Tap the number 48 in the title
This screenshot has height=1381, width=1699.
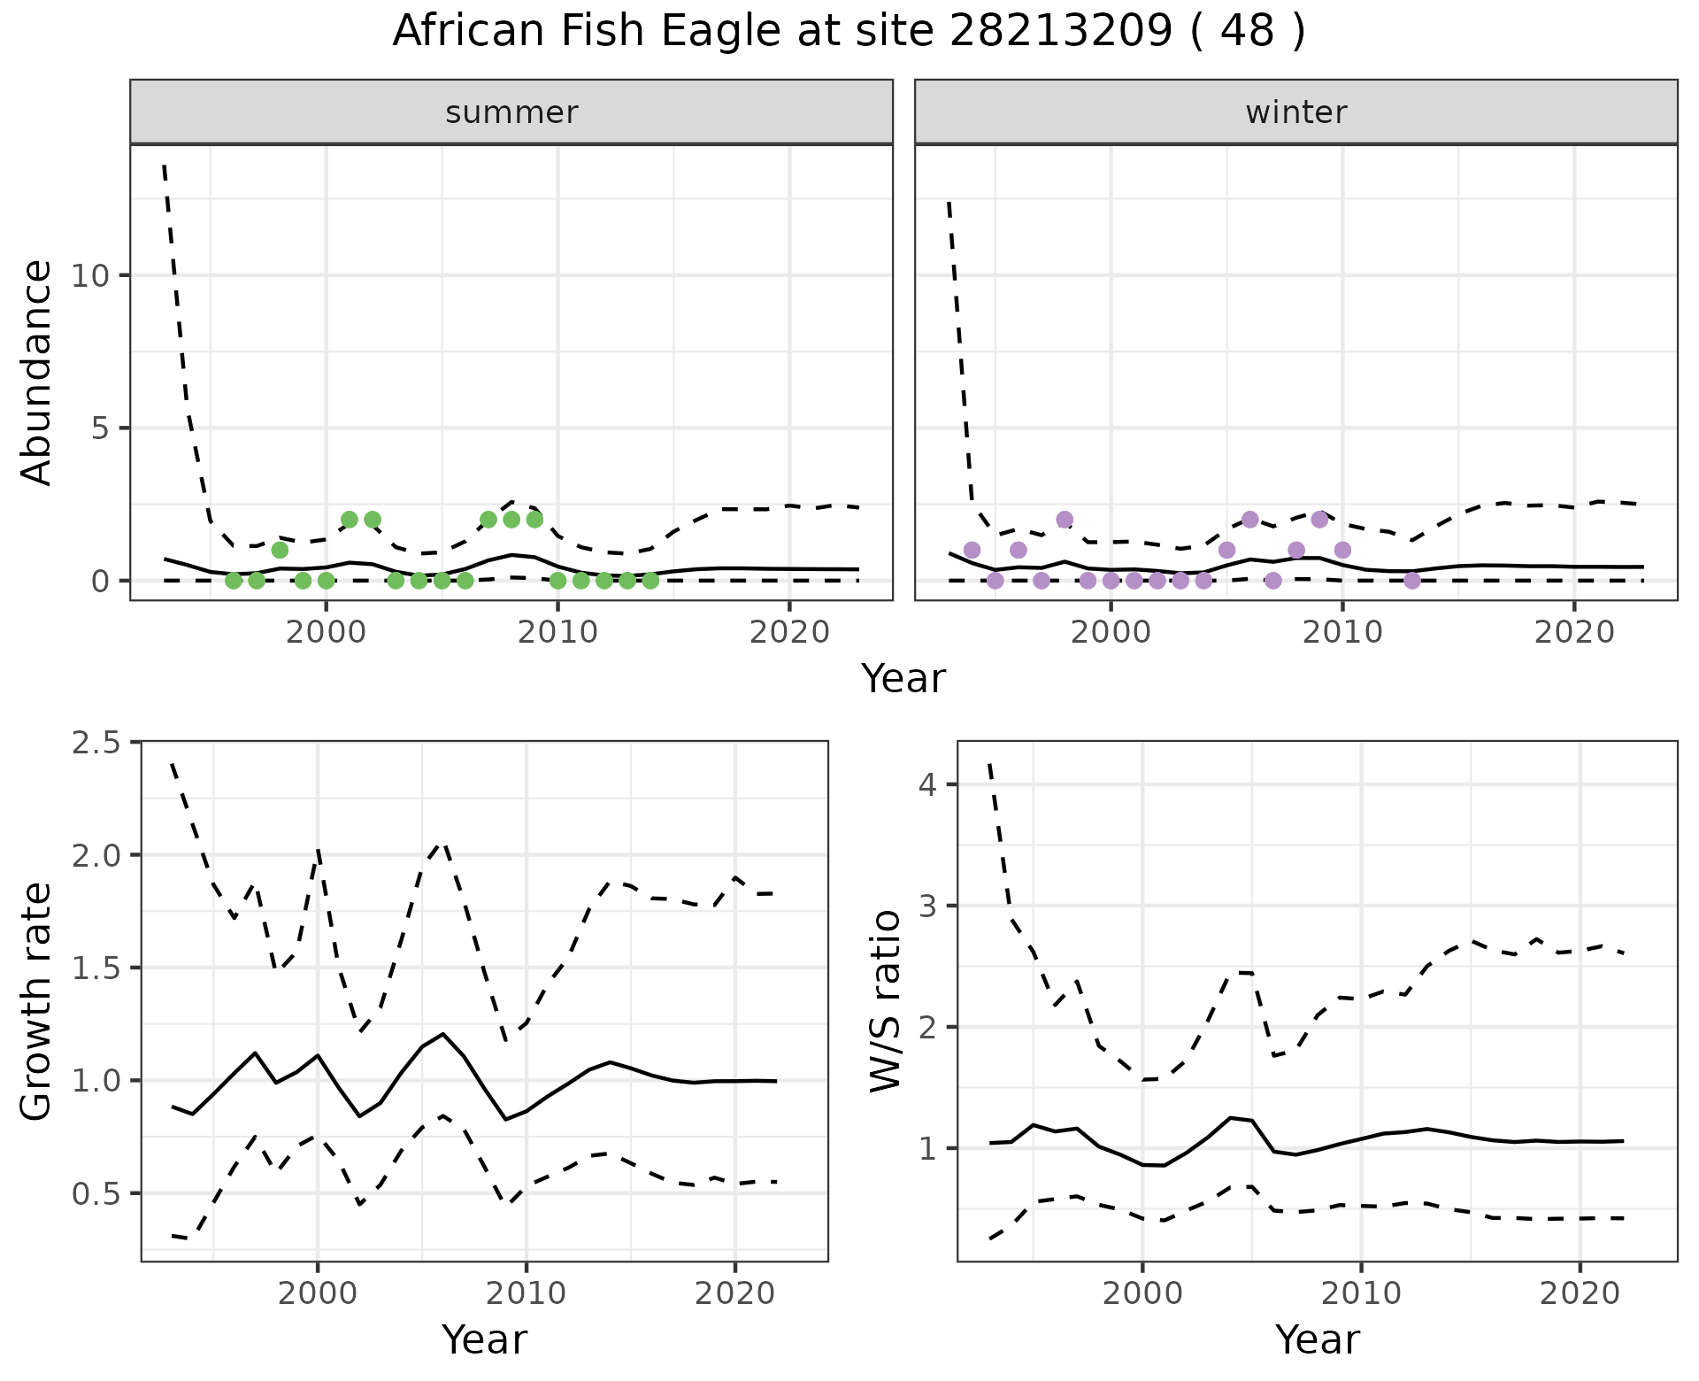click(x=1247, y=32)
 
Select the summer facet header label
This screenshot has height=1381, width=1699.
click(x=511, y=112)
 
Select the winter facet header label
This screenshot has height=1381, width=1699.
click(x=1295, y=112)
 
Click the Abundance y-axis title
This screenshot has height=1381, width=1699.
click(x=37, y=372)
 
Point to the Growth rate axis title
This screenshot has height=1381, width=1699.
click(x=37, y=1002)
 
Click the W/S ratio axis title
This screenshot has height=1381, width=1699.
click(x=885, y=1002)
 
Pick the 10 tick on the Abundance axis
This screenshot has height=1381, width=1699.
click(x=90, y=276)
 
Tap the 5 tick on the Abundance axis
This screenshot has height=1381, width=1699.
click(x=99, y=428)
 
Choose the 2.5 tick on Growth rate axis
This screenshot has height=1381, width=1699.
click(x=96, y=742)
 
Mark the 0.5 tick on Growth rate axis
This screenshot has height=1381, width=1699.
click(x=96, y=1193)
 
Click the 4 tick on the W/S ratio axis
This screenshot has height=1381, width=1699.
click(x=927, y=784)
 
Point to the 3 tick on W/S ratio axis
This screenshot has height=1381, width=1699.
click(x=927, y=906)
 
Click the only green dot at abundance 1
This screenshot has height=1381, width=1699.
click(x=280, y=550)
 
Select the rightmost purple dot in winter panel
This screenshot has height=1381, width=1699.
click(x=1412, y=581)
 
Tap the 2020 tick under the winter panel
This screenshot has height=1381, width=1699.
click(x=1573, y=632)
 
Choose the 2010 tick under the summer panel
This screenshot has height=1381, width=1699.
click(x=557, y=632)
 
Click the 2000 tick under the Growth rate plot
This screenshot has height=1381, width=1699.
click(x=318, y=1293)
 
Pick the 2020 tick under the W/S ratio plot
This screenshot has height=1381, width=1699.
click(x=1580, y=1293)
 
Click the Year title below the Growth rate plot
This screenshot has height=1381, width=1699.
click(x=484, y=1339)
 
